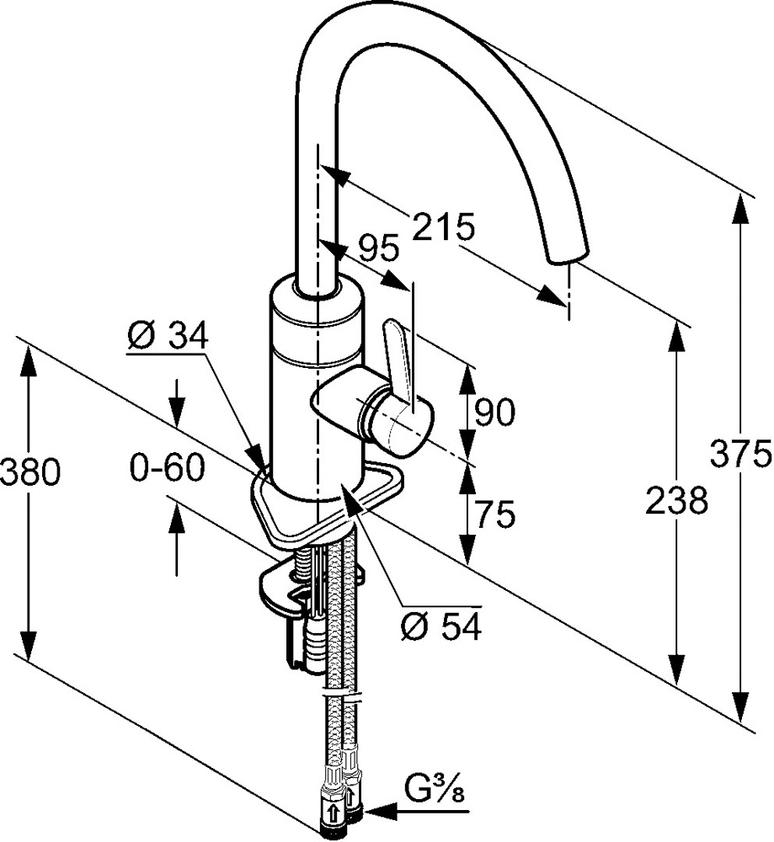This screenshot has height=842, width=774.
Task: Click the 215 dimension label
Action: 444,226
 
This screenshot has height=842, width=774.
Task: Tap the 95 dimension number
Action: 379,248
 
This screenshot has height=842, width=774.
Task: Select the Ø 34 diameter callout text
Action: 168,337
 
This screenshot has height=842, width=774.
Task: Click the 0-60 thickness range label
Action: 168,467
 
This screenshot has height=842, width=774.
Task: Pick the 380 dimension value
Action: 30,473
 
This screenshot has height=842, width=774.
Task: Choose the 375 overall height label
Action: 741,453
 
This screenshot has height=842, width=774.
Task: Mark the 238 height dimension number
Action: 677,500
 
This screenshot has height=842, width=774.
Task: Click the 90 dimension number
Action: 494,413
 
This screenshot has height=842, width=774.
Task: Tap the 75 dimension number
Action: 494,514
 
